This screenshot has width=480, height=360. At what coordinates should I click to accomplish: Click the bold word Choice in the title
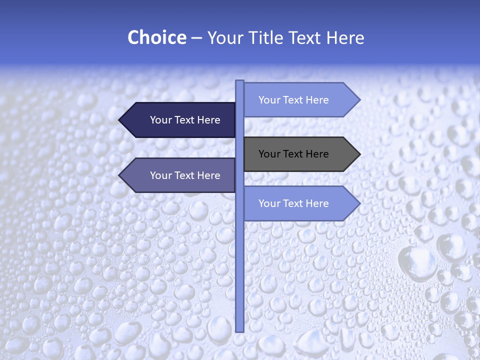point(156,37)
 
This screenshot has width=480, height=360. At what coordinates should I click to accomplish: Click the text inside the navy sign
point(185,120)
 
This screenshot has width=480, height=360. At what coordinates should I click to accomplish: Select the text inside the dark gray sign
point(293,154)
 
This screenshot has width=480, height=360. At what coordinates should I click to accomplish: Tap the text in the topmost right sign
point(293,100)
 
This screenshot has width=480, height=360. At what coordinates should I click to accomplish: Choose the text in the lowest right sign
point(293,203)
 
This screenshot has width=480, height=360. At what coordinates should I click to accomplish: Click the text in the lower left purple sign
point(185,175)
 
